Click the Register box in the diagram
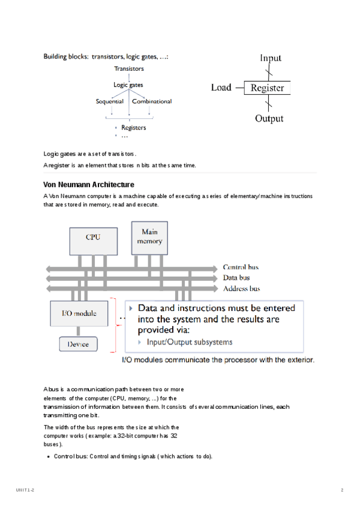point(267,88)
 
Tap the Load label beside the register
point(221,88)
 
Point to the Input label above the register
point(270,58)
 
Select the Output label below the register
point(269,119)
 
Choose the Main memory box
point(149,236)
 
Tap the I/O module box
point(78,313)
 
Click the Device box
point(78,344)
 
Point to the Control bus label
point(241,267)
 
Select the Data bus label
point(237,278)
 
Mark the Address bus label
point(241,289)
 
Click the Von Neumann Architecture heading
point(89,184)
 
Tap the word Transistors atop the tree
point(129,69)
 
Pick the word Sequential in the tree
point(110,101)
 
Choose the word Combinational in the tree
point(152,101)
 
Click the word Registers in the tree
point(133,127)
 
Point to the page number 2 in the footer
point(341,491)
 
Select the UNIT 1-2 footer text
point(25,491)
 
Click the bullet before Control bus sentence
point(48,457)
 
